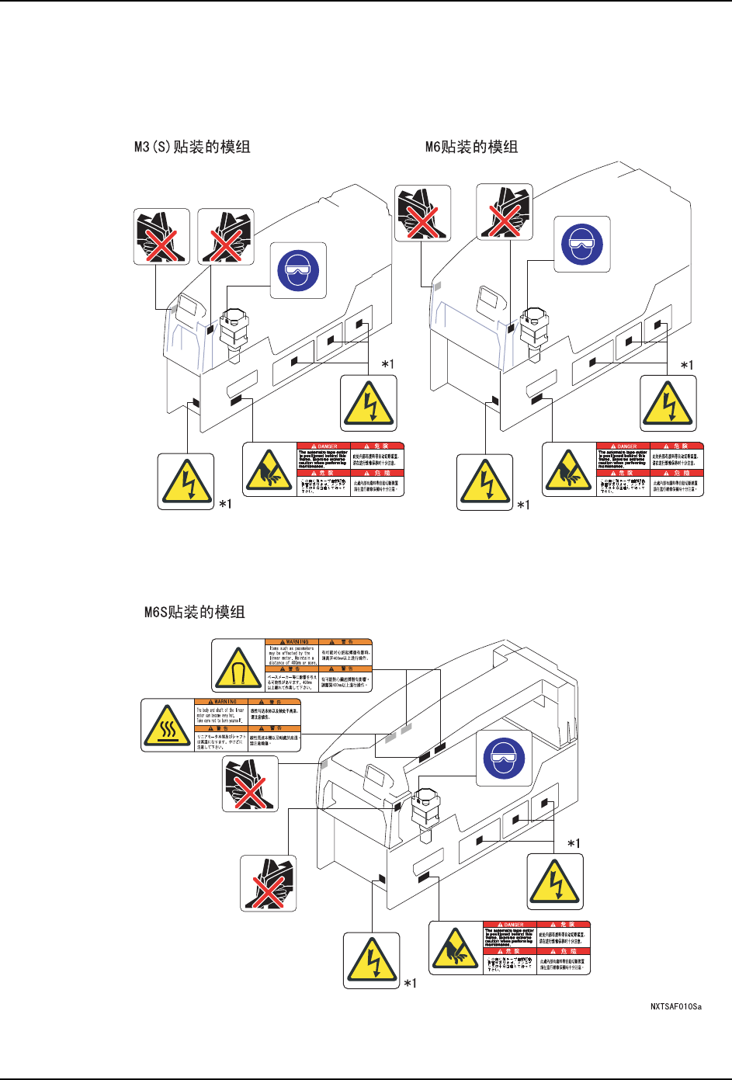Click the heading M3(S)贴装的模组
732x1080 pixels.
(192, 147)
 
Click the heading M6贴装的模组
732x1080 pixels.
(471, 147)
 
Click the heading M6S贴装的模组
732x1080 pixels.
(194, 612)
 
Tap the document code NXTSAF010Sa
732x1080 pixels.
(675, 1007)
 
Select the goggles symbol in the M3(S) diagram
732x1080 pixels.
(298, 269)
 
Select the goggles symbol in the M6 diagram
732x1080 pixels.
(582, 244)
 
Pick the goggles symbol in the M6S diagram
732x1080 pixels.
(504, 758)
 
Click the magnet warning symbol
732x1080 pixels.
(238, 666)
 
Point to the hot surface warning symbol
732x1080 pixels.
(168, 725)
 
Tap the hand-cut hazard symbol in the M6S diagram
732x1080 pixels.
(456, 947)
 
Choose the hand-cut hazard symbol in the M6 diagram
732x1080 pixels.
(569, 469)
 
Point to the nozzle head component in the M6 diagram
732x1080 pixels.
(533, 330)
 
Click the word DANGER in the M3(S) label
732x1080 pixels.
(326, 446)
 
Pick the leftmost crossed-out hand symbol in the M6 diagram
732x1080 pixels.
(422, 213)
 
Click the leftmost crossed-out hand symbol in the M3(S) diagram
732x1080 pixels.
(161, 236)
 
